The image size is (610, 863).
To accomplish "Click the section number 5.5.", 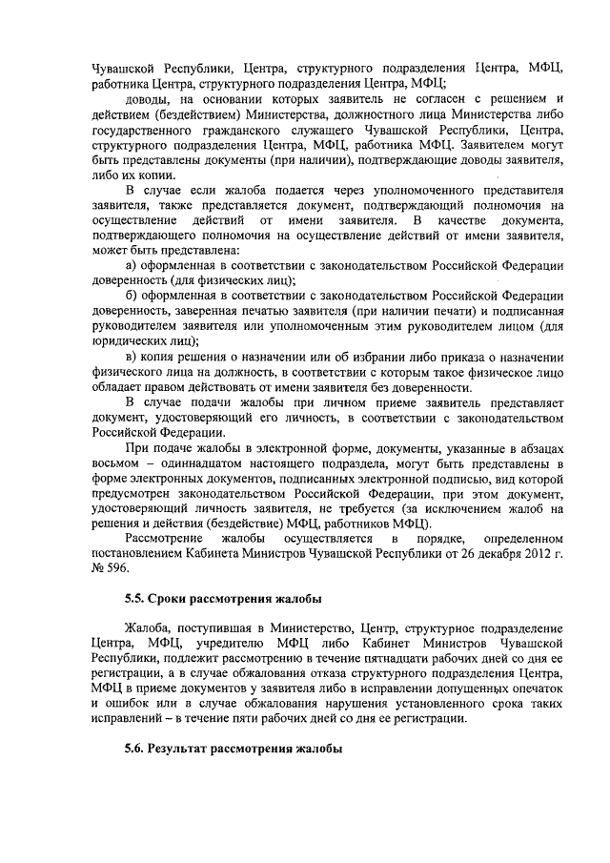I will point(136,599).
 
